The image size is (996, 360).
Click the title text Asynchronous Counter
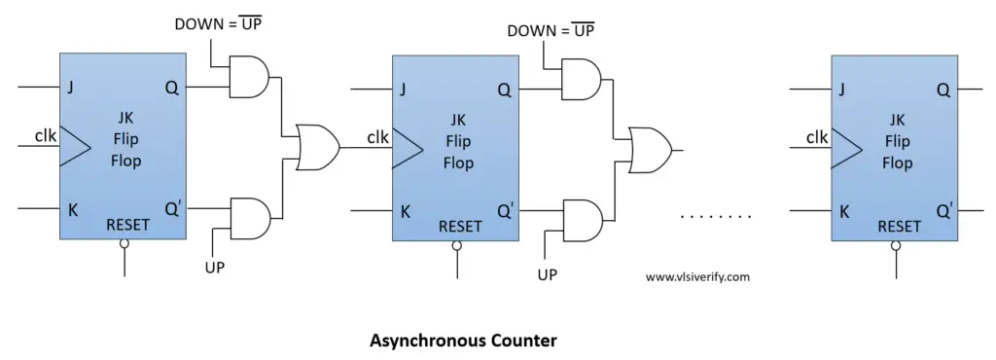point(463,341)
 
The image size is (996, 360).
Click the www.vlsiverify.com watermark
point(697,276)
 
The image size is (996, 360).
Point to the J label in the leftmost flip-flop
point(70,88)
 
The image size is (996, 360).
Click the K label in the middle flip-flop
point(404,210)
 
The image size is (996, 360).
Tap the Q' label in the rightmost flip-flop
point(943,211)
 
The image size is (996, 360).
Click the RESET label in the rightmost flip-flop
point(900,227)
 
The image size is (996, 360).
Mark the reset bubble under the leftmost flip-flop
point(124,246)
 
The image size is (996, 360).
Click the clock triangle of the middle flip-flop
point(407,149)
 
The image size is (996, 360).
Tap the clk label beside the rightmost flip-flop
point(817,137)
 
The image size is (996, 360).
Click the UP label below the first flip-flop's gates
point(215,267)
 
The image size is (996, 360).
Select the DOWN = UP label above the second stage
point(551,31)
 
